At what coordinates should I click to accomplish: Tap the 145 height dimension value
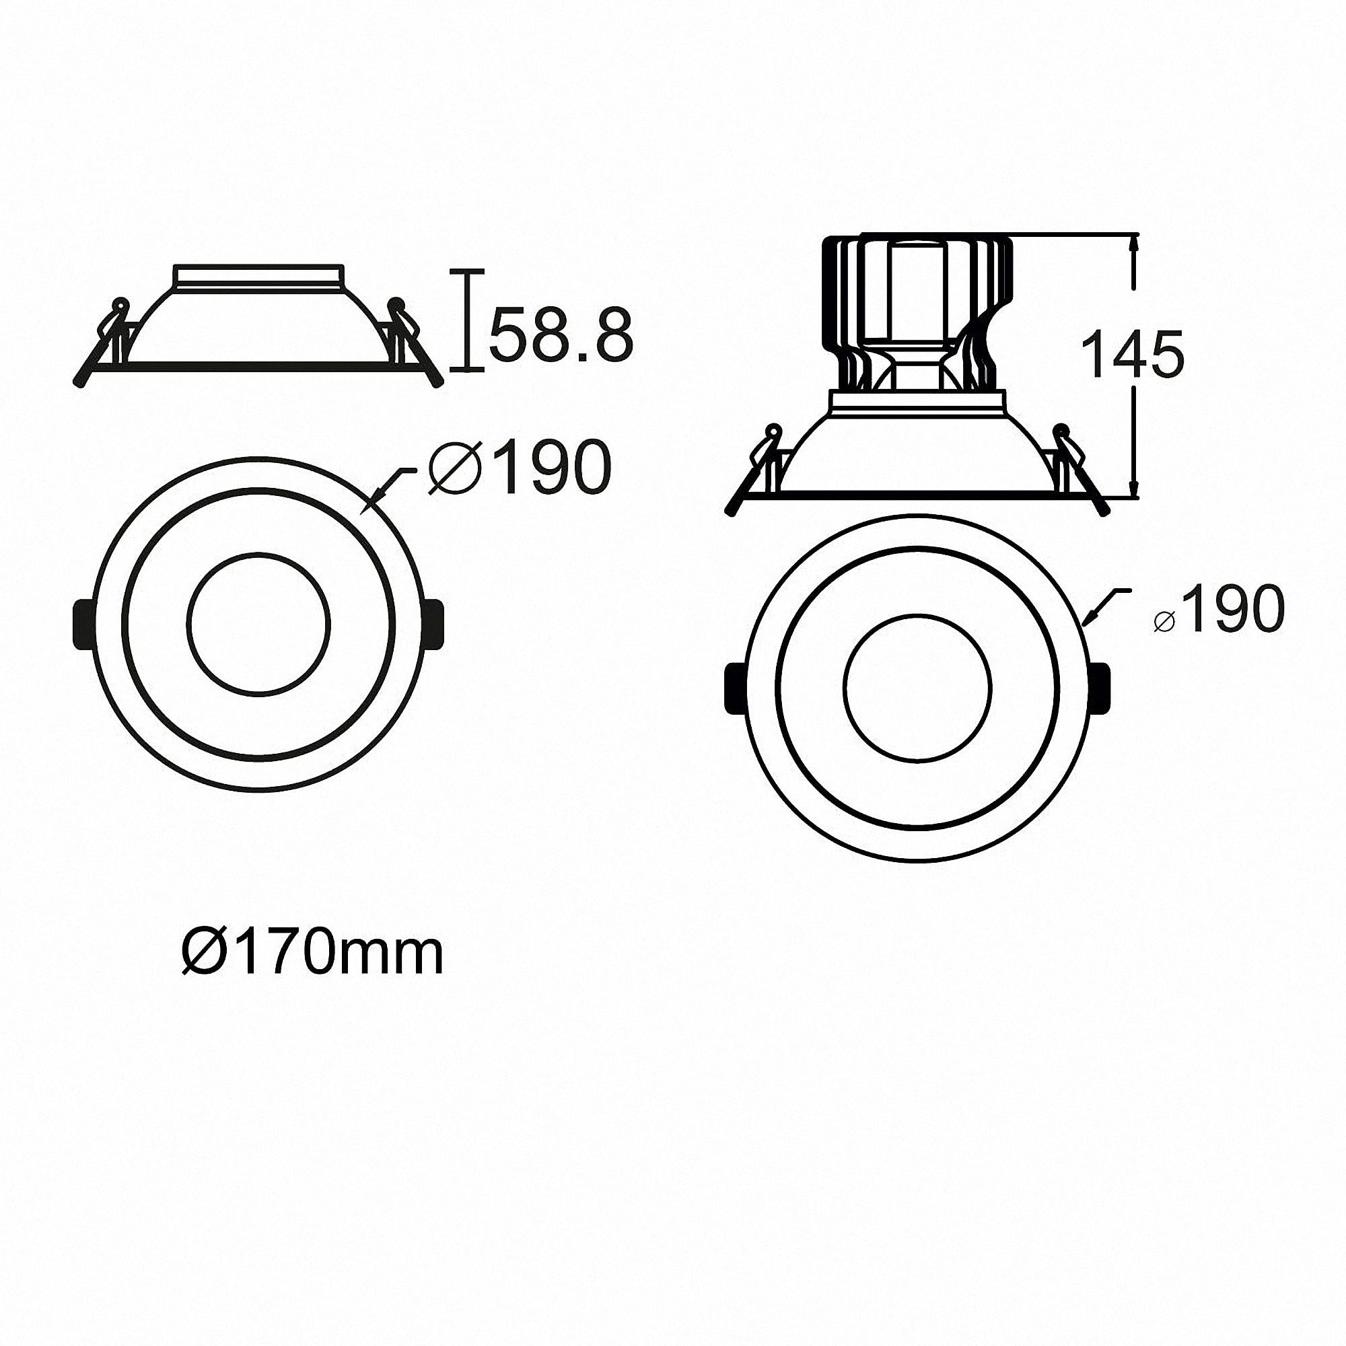[x=1135, y=355]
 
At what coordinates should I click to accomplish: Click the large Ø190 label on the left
[x=520, y=468]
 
